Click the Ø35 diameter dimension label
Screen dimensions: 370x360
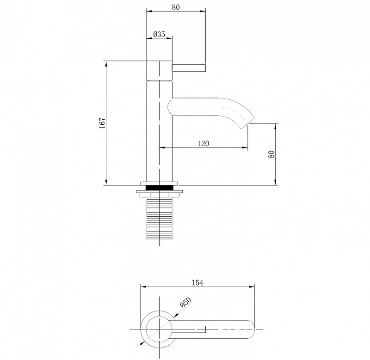click(x=159, y=34)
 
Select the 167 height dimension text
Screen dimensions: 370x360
click(x=102, y=123)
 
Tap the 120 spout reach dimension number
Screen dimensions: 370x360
click(x=203, y=143)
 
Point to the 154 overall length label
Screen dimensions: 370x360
click(x=197, y=282)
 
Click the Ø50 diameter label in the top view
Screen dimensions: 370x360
click(x=185, y=302)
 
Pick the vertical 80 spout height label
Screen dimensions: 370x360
click(x=271, y=154)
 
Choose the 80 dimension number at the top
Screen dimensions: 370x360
click(x=176, y=7)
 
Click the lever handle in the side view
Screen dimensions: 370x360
click(x=189, y=67)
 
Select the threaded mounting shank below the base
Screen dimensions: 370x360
click(x=159, y=218)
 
